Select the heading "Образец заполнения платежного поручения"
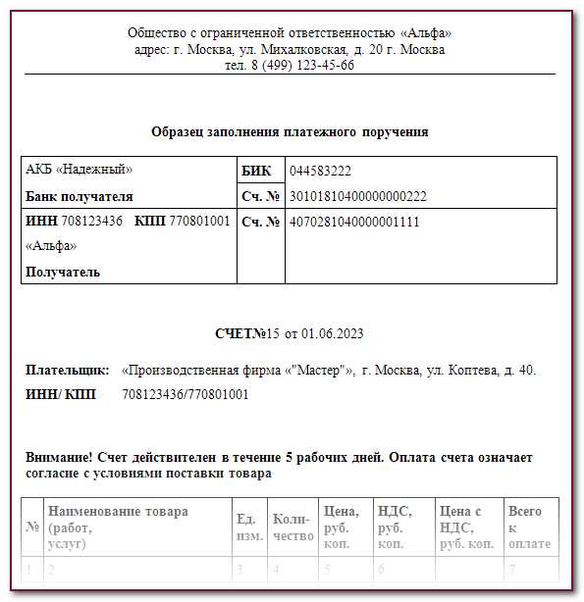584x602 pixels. [290, 131]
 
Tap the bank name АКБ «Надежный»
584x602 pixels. [79, 170]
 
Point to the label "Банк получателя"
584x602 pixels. [80, 196]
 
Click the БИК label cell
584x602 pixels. [256, 171]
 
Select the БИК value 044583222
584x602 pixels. [320, 171]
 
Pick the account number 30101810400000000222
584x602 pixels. [357, 196]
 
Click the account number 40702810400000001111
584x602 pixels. [354, 222]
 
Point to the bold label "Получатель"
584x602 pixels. [63, 272]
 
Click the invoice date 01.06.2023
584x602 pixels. [331, 334]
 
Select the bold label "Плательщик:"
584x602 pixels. [68, 371]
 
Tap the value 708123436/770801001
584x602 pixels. [186, 395]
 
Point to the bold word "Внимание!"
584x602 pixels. [60, 458]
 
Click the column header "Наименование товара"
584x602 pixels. [118, 512]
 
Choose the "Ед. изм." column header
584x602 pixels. [248, 527]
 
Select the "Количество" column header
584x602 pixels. [292, 527]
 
